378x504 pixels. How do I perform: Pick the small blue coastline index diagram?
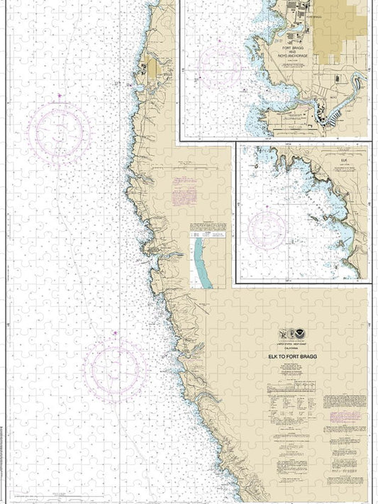204,262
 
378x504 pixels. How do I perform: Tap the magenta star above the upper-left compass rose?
59,96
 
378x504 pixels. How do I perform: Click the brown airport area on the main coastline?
152,69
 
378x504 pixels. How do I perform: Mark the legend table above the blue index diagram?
207,229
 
